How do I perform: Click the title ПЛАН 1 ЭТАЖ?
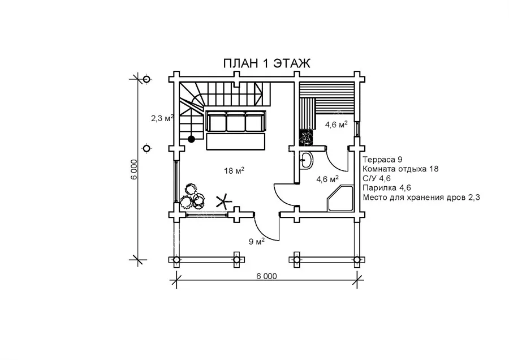266,63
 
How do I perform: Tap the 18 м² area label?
234,170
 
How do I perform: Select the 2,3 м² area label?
162,118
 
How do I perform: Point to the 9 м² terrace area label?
257,241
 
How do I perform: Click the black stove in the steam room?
305,137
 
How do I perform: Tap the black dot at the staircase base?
192,139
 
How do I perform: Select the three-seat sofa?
236,122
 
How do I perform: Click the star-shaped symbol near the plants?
223,202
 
